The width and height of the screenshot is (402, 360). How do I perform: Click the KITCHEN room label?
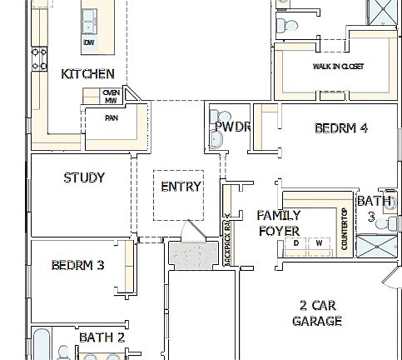[x=87, y=74]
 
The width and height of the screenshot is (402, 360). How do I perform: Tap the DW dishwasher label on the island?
[x=89, y=42]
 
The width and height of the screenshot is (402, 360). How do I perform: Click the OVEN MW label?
[x=111, y=97]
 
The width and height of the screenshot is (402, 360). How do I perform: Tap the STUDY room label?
[x=84, y=177]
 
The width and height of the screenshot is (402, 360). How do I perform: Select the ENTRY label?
[x=181, y=187]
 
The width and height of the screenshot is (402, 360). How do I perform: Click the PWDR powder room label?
[x=232, y=127]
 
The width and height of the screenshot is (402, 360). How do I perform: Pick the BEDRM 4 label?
[x=340, y=128]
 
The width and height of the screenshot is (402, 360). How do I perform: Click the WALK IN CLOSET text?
[x=338, y=67]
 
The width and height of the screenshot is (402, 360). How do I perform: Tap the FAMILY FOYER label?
[x=279, y=222]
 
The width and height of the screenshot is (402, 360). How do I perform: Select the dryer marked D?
[x=295, y=243]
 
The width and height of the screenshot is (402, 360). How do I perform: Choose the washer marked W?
[x=319, y=243]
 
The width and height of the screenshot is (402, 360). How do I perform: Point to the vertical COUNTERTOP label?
[x=343, y=227]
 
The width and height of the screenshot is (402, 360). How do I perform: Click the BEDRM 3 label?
[x=77, y=266]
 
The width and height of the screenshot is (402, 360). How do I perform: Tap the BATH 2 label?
[x=102, y=337]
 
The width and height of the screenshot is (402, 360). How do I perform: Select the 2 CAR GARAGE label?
[x=316, y=312]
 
